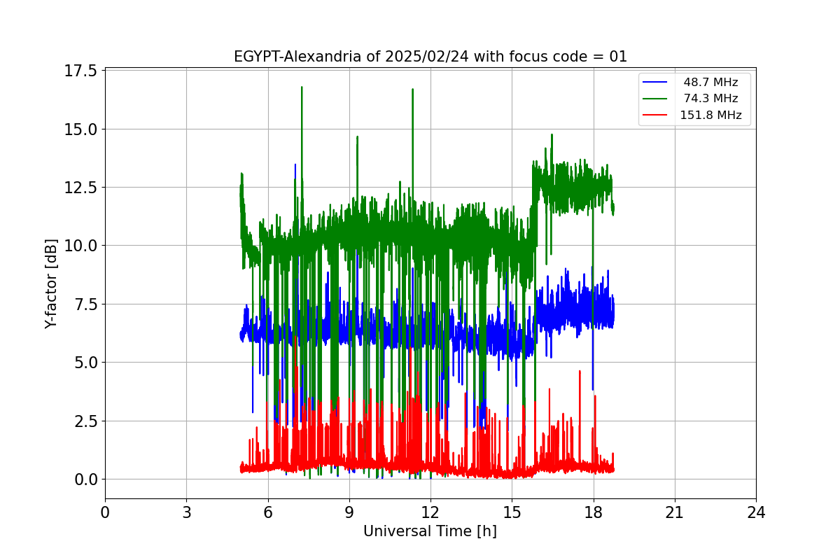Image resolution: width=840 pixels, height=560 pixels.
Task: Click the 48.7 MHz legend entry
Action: (x=710, y=83)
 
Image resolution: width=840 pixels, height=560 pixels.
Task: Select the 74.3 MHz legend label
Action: (x=710, y=99)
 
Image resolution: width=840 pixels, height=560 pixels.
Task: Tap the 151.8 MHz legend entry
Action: (x=710, y=115)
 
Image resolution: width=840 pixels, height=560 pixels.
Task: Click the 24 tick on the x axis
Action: (x=756, y=512)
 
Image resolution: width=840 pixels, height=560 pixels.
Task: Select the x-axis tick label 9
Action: (x=349, y=512)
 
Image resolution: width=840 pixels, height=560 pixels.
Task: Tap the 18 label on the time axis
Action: (x=594, y=512)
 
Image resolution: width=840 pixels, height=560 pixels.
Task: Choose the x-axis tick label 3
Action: (x=186, y=512)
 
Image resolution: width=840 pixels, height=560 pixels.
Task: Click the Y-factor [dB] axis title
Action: (x=51, y=283)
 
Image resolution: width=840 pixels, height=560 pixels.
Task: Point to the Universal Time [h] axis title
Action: (x=430, y=531)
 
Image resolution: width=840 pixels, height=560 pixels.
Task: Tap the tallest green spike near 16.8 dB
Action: (x=302, y=87)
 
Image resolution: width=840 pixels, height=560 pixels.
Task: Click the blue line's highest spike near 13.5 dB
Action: (x=295, y=165)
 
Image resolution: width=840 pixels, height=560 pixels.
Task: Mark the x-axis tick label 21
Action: (x=675, y=512)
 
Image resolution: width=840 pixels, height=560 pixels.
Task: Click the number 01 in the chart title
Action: (x=617, y=57)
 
